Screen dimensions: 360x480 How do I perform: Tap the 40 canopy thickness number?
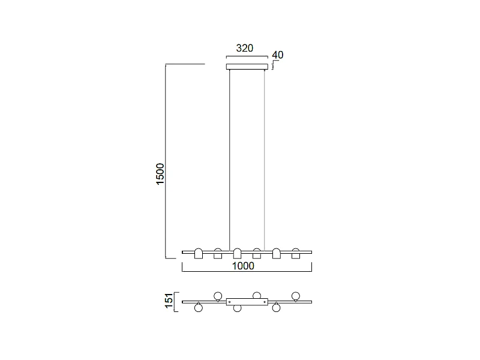(x=277, y=55)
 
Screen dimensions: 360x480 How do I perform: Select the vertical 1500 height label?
(x=160, y=174)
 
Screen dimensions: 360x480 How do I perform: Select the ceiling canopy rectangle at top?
(x=247, y=67)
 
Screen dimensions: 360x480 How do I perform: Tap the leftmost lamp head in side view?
(x=199, y=253)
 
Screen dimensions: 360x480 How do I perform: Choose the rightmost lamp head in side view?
(x=295, y=253)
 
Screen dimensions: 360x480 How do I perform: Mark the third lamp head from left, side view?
(x=237, y=253)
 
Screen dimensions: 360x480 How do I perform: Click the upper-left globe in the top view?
(x=218, y=295)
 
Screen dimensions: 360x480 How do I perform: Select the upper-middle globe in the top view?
(x=257, y=295)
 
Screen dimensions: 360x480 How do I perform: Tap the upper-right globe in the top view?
(x=295, y=295)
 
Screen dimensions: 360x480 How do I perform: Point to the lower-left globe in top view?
(x=199, y=308)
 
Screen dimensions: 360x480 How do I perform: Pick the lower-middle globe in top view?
(x=237, y=308)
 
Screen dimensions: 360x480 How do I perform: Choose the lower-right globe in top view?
(x=276, y=308)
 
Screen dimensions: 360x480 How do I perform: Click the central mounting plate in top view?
(x=247, y=301)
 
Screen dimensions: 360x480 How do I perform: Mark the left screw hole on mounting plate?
(x=230, y=301)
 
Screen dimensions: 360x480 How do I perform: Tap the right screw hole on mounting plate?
(x=264, y=301)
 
